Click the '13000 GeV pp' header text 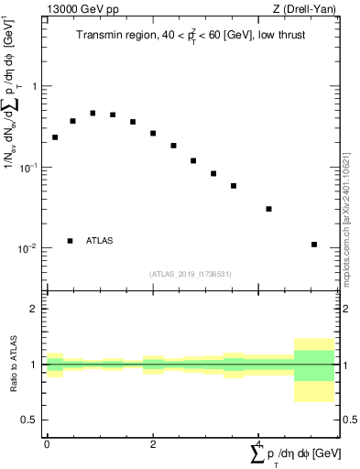click(75, 12)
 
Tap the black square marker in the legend click(70, 241)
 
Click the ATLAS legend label click(100, 241)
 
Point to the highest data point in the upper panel click(93, 114)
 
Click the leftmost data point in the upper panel click(55, 137)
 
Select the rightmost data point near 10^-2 click(314, 245)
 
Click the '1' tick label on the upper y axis click(35, 86)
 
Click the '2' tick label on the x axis click(153, 444)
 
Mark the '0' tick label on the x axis click(47, 444)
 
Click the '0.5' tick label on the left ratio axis click(31, 420)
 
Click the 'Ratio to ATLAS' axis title click(13, 365)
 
